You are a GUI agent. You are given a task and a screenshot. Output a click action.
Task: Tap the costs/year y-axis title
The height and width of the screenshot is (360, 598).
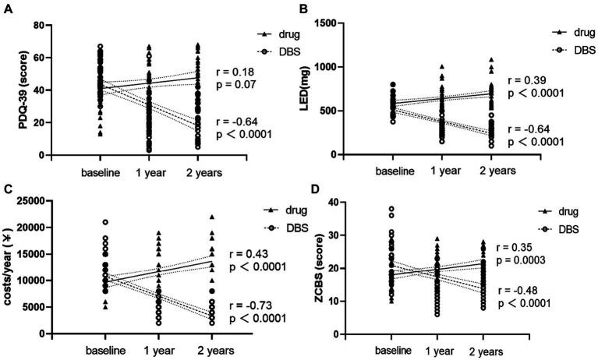[12, 267]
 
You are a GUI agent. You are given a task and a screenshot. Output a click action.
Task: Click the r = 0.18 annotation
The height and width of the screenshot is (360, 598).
[240, 68]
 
